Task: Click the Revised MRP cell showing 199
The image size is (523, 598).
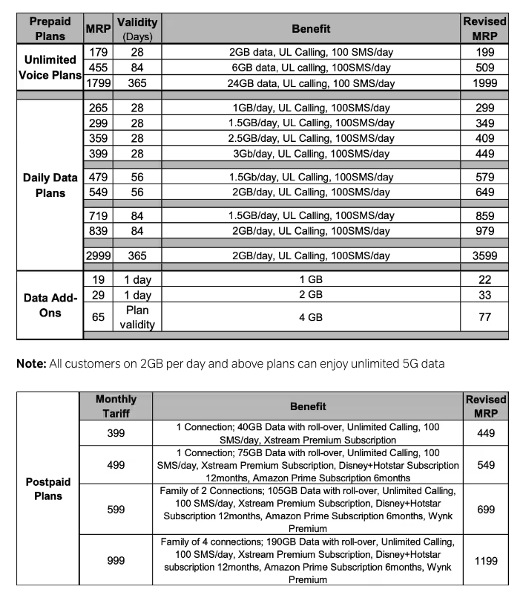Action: (484, 52)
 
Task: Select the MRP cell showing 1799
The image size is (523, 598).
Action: (98, 83)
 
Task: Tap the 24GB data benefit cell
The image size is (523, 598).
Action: (311, 83)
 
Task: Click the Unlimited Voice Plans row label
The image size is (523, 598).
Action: (50, 68)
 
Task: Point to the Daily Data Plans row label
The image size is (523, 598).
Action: (50, 185)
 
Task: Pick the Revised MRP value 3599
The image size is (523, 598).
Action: (484, 256)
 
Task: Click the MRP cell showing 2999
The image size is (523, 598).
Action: (98, 256)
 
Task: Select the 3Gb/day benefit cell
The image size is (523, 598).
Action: (311, 154)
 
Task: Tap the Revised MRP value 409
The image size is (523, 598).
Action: (484, 138)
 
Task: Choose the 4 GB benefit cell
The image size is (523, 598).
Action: (311, 316)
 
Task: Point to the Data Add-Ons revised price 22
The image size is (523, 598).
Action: (484, 279)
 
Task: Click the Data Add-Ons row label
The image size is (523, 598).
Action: (50, 305)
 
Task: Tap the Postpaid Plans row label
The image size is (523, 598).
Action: (47, 489)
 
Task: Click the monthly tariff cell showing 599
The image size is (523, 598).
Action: (116, 510)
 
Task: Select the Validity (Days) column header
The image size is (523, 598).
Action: (137, 29)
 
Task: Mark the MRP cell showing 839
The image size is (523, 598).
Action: (98, 231)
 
